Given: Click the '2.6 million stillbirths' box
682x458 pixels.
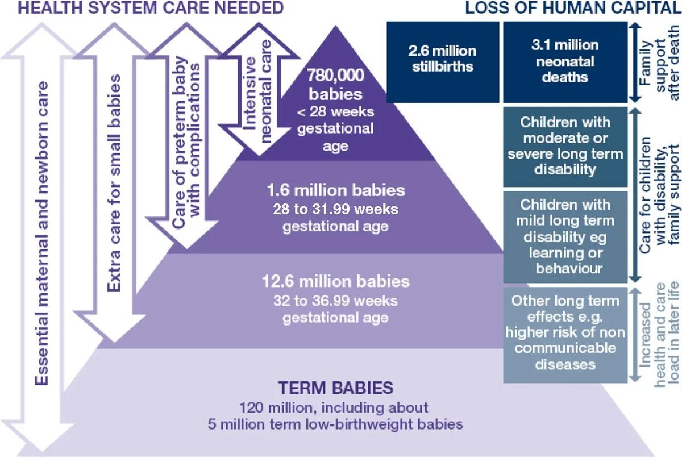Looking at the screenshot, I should point(442,58).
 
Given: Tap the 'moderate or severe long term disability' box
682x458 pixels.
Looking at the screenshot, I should point(565,146).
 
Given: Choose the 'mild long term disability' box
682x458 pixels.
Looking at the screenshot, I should point(565,236).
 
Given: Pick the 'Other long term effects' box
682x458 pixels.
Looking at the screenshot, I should point(565,332).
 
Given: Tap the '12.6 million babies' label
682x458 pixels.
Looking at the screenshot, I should point(335,281).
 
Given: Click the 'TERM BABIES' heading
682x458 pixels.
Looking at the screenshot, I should point(335,388).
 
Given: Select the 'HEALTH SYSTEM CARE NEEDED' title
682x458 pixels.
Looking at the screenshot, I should point(144,8).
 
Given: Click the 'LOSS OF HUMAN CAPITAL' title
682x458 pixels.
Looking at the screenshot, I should point(572,8).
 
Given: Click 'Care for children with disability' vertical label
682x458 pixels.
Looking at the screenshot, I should point(660,193).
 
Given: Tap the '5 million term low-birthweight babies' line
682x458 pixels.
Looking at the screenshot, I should point(335,424).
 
